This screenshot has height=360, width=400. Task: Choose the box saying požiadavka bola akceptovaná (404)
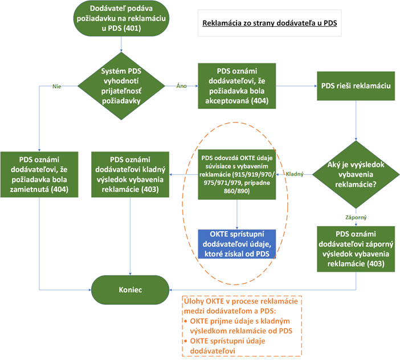click(x=238, y=85)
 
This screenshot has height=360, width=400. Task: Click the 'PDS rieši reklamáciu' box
click(x=356, y=85)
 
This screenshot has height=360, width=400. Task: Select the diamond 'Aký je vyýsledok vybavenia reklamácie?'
click(x=356, y=173)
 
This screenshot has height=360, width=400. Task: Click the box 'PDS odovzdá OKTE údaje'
click(x=238, y=174)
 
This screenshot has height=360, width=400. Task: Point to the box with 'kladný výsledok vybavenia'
click(x=132, y=174)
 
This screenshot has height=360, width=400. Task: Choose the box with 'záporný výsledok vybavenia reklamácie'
click(x=356, y=249)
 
